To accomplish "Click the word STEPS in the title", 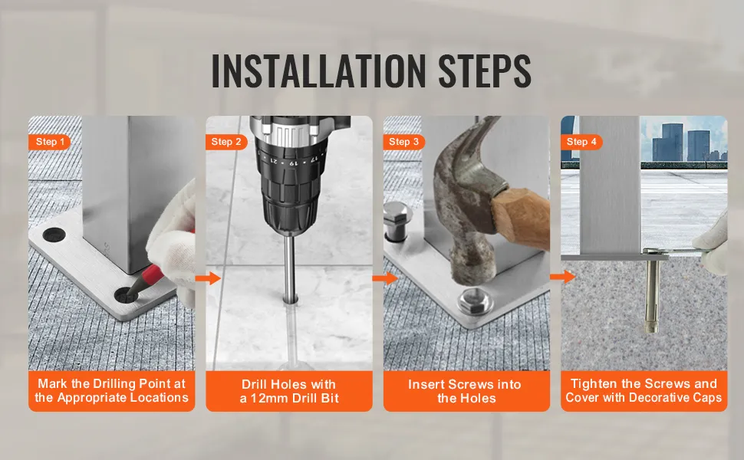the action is click(485, 71).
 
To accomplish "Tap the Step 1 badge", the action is click(49, 142).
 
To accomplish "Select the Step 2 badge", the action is click(226, 142).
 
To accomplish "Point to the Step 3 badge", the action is click(403, 142).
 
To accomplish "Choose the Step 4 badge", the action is click(581, 142).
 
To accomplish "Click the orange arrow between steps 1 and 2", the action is click(209, 278).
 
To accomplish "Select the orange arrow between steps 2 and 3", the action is click(385, 278).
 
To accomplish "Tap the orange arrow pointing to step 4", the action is click(563, 277).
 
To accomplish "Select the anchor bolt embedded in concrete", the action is click(652, 291).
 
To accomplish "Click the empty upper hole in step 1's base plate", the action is click(54, 235).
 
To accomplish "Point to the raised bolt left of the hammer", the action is click(398, 220).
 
